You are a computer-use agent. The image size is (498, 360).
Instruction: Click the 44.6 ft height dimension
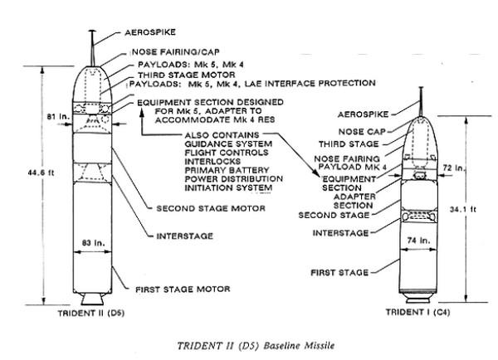[41, 173]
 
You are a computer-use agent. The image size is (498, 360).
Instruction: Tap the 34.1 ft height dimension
[463, 210]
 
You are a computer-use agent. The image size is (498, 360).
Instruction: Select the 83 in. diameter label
[93, 243]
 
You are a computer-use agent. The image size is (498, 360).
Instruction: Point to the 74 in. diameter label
[418, 241]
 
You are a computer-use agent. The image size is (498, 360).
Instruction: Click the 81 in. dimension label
[58, 116]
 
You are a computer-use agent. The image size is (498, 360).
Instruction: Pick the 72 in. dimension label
[454, 168]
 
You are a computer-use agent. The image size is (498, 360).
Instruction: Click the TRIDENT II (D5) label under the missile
[90, 314]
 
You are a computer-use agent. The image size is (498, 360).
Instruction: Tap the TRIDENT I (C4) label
[417, 312]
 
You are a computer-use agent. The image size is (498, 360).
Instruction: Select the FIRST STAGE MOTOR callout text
[183, 289]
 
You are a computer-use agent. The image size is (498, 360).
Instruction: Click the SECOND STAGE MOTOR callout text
[211, 208]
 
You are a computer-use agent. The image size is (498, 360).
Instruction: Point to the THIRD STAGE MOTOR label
[187, 75]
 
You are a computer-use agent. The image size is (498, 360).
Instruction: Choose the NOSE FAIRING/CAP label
[176, 51]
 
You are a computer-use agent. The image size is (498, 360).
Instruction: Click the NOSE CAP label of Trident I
[362, 131]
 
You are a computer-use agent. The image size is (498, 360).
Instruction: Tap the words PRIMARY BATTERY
[227, 170]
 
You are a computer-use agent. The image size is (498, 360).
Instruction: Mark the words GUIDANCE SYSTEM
[228, 144]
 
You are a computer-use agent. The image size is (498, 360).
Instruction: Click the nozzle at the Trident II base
[92, 299]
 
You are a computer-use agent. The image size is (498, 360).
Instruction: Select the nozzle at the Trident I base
[418, 299]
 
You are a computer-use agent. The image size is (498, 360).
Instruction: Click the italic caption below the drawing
[256, 345]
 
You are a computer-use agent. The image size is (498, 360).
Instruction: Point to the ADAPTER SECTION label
[354, 201]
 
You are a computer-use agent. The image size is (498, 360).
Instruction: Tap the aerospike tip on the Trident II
[92, 31]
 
